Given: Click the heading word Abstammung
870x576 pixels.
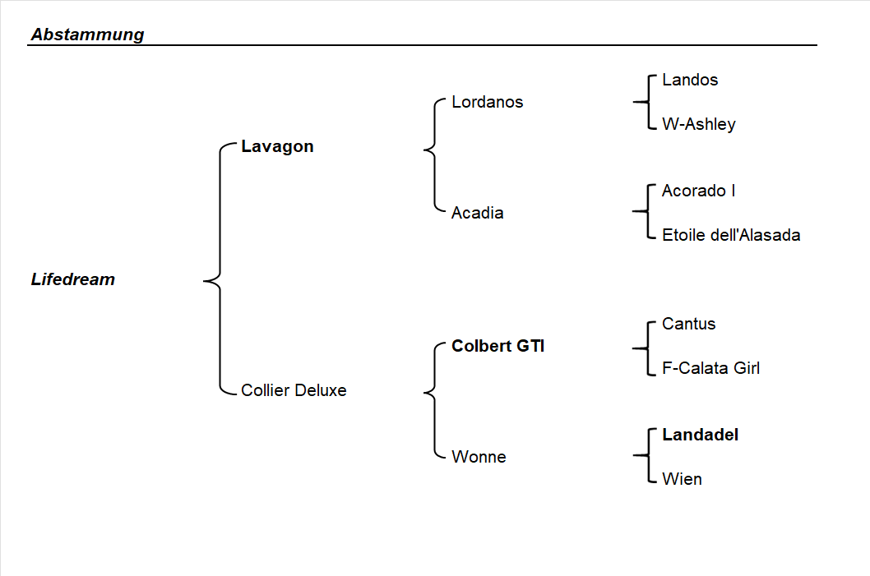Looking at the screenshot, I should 87,35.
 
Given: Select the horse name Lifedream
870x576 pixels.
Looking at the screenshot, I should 73,279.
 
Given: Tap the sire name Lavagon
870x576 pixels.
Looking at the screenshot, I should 277,147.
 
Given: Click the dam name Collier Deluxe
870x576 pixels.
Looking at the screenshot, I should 294,390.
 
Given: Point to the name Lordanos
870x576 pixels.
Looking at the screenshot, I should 487,103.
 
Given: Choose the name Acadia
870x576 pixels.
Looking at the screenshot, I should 477,213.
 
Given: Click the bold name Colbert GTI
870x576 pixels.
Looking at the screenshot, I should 497,346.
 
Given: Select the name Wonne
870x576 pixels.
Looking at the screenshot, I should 479,457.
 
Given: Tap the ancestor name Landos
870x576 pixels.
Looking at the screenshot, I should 689,80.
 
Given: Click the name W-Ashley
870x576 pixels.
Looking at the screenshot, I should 698,124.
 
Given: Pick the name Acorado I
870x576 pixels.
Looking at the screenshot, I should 698,191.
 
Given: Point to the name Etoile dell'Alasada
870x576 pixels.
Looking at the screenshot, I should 730,235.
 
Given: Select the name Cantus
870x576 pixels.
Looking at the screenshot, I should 688,324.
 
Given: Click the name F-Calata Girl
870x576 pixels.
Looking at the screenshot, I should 710,368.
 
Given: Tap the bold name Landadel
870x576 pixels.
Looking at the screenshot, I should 700,435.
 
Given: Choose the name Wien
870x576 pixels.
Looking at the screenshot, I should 682,479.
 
